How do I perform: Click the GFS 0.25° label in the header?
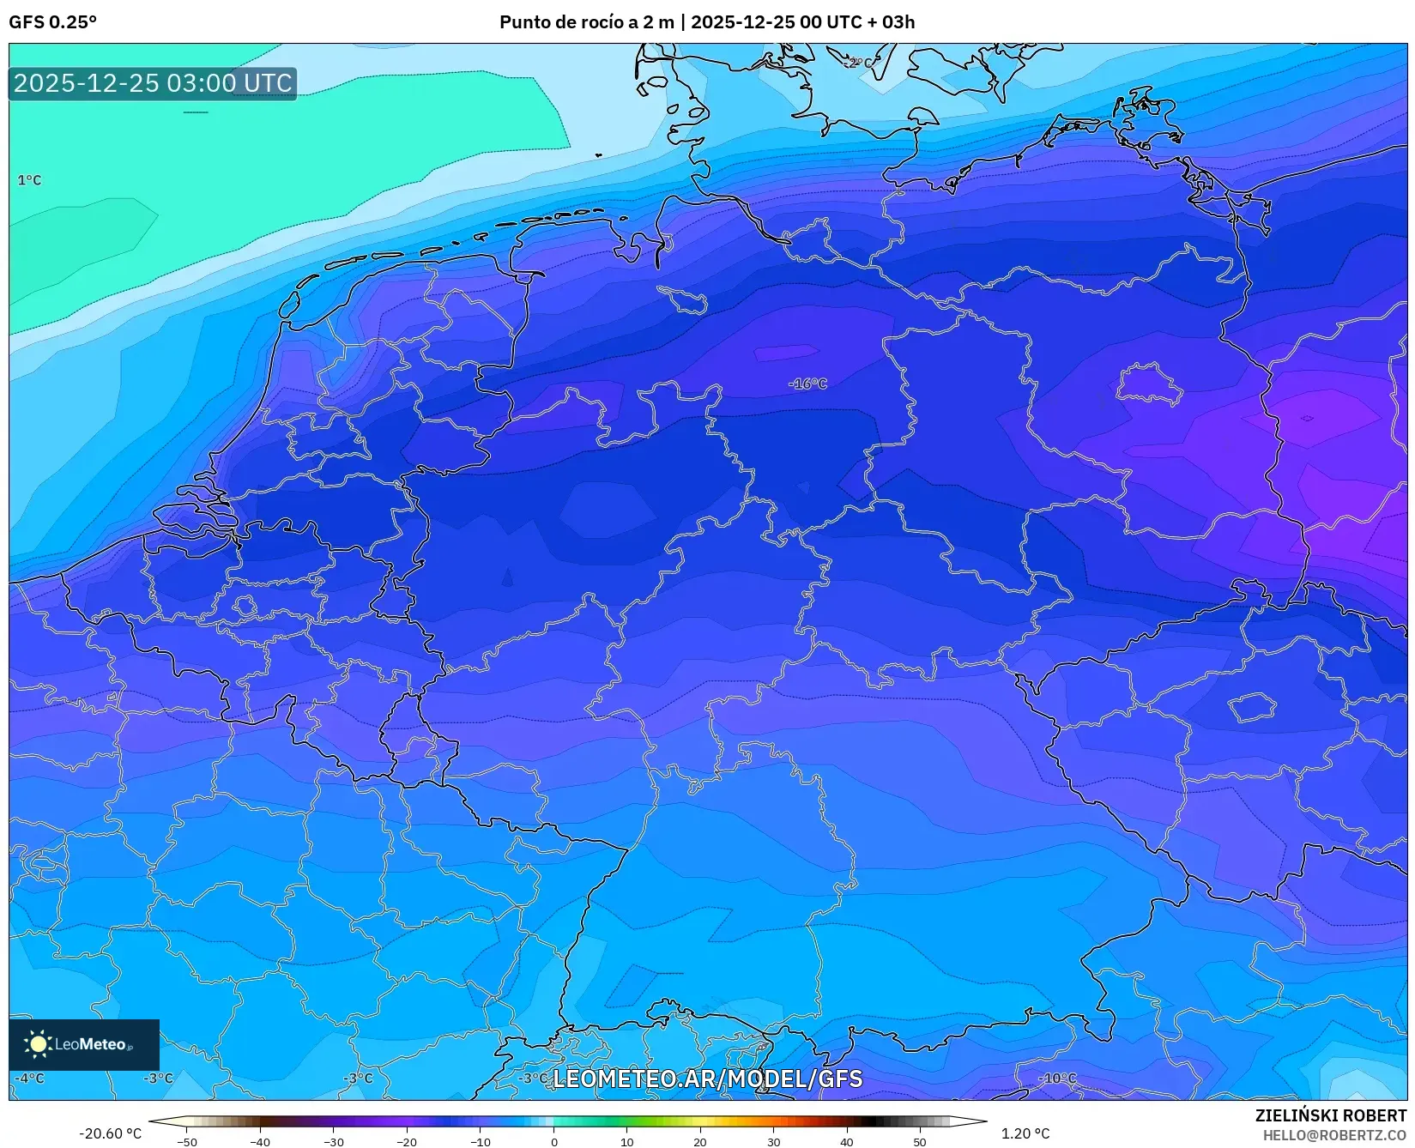(x=52, y=22)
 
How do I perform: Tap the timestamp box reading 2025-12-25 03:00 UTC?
(x=153, y=83)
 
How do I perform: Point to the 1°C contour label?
(x=29, y=180)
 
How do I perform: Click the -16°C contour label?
(x=807, y=384)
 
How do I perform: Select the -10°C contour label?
(x=1056, y=1079)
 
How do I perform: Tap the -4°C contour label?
(x=30, y=1079)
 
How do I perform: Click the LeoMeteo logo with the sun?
(x=83, y=1044)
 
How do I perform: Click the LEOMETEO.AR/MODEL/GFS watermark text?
(x=707, y=1079)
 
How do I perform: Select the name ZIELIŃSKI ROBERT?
(x=1331, y=1116)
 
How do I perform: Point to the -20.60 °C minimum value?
(x=110, y=1133)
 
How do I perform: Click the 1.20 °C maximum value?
(x=1025, y=1133)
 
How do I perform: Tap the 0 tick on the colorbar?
(x=553, y=1142)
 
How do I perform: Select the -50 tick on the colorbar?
(x=187, y=1142)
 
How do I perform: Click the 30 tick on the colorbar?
(x=774, y=1142)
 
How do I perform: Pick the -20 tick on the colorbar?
(x=407, y=1142)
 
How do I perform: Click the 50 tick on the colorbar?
(x=920, y=1142)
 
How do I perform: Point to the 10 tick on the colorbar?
(x=627, y=1142)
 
